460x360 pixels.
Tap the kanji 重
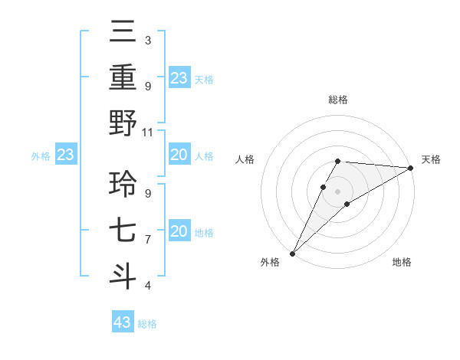123,78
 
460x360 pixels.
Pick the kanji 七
123,230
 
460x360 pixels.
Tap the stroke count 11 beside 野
149,132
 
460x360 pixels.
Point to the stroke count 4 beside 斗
147,286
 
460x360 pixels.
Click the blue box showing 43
123,322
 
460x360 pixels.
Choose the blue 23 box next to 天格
179,78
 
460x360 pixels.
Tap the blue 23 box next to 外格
65,155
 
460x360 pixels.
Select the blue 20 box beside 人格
179,155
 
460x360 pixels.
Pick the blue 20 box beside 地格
179,232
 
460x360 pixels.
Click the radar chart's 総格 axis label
338,100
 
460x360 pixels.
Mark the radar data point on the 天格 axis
411,168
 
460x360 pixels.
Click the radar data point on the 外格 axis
292,254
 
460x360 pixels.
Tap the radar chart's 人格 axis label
245,159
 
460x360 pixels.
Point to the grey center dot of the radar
338,191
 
